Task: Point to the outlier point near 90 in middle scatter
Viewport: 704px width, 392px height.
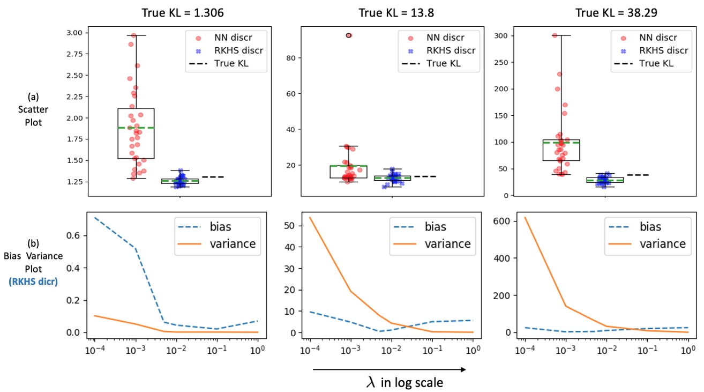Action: coord(349,35)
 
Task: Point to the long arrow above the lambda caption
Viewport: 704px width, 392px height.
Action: coord(389,369)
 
